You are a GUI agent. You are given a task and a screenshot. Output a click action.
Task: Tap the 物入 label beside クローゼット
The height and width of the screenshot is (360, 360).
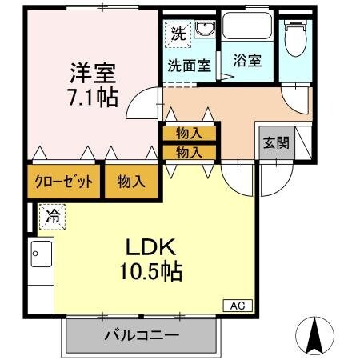click(x=131, y=182)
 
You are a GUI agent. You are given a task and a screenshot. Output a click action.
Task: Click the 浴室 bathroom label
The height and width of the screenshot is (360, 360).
click(x=246, y=60)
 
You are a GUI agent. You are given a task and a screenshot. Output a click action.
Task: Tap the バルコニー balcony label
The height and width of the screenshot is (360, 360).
click(x=141, y=335)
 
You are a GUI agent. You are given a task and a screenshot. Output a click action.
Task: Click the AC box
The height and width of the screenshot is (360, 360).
click(x=237, y=305)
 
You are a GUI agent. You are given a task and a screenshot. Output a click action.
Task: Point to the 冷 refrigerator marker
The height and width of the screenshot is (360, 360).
click(x=52, y=215)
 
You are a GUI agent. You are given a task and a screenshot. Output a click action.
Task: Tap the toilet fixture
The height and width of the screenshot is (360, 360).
click(x=295, y=38)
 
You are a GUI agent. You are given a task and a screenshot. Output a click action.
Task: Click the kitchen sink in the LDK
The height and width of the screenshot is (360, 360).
click(x=40, y=256)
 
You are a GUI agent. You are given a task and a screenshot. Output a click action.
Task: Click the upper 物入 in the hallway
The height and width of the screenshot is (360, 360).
click(x=188, y=133)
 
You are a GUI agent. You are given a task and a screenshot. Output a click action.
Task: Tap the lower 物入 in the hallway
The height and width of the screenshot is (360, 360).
click(x=188, y=150)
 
